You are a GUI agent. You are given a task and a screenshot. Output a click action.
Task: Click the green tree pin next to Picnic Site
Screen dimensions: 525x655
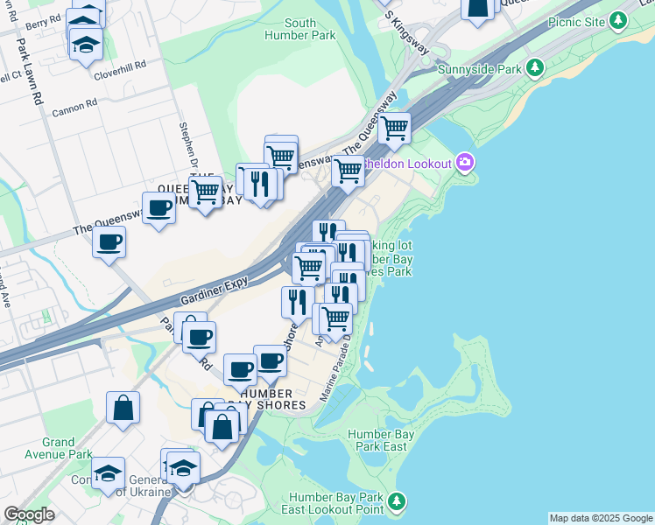[x=620, y=19]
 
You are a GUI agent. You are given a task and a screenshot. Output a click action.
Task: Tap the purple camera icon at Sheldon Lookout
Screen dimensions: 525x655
[x=464, y=162]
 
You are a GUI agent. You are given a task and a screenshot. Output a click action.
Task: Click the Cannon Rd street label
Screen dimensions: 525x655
[x=75, y=107]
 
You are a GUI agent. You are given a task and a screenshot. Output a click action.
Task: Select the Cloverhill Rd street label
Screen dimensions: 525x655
[x=120, y=66]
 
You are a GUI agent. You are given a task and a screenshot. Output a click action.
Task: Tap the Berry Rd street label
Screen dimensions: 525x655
[x=43, y=25]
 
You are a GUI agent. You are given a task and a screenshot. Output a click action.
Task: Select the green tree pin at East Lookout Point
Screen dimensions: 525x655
[x=398, y=500]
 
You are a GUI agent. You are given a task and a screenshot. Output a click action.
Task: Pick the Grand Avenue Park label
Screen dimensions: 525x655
[x=67, y=448]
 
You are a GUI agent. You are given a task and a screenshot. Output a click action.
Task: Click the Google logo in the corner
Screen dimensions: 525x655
[x=29, y=514]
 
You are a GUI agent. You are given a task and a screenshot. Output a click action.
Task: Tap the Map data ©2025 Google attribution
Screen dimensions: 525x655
[x=600, y=518]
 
